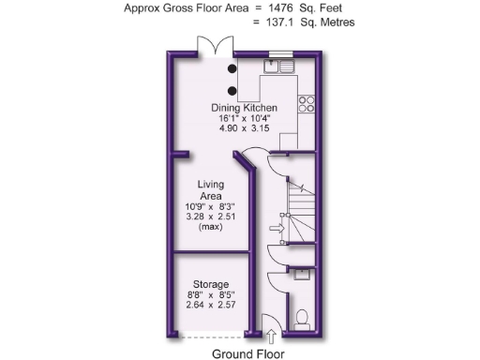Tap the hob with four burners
pyautogui.click(x=308, y=102)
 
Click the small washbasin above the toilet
pyautogui.click(x=302, y=275)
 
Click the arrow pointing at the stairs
pyautogui.click(x=276, y=227)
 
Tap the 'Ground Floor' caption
pyautogui.click(x=247, y=353)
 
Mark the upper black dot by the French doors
pyautogui.click(x=231, y=67)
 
